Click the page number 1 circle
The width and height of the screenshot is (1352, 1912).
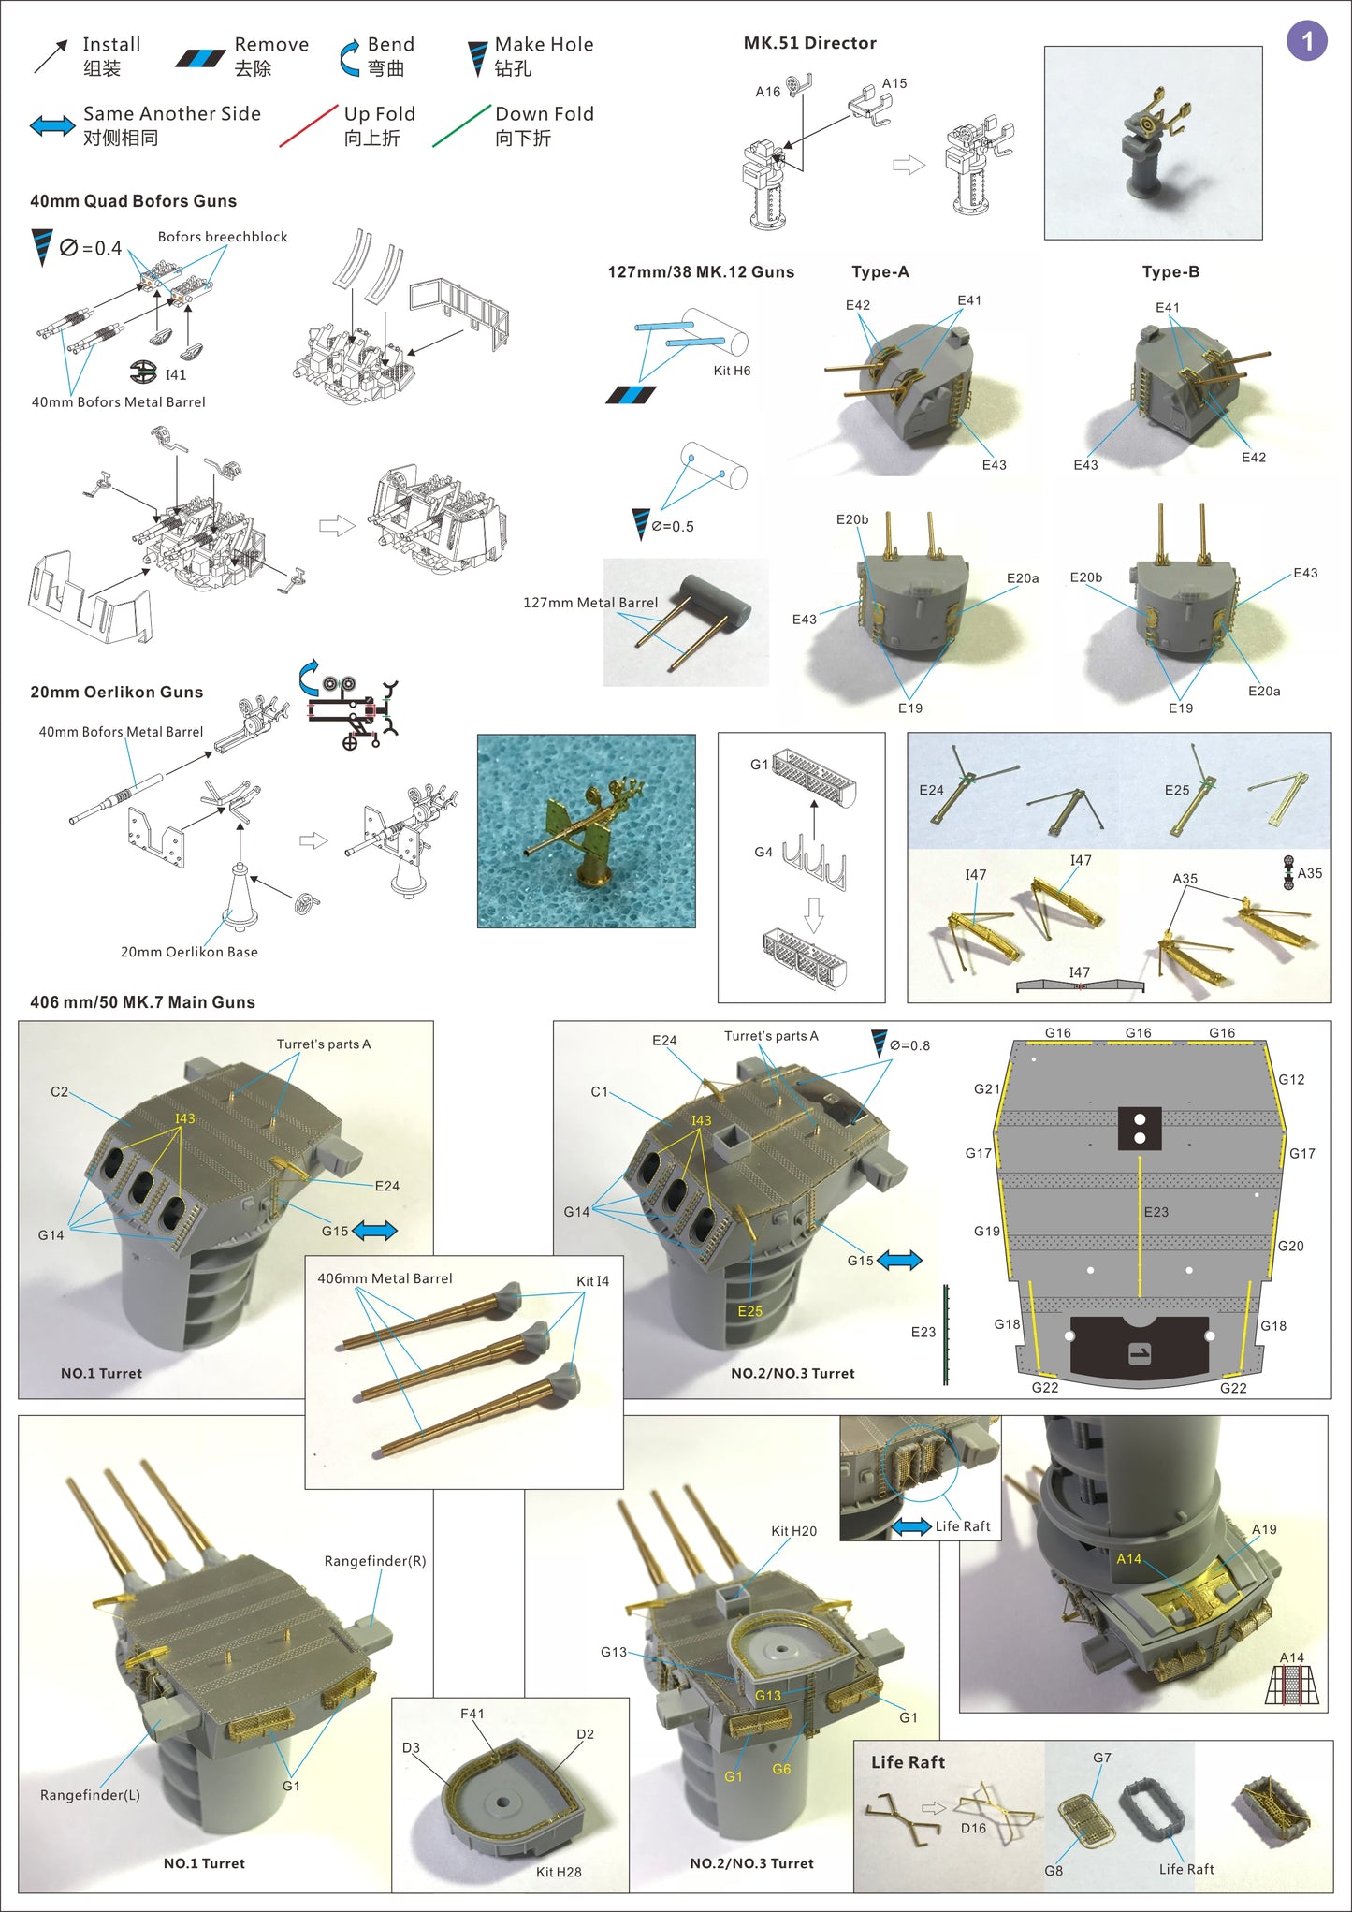click(x=1306, y=41)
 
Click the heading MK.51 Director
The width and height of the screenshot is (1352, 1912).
click(x=809, y=43)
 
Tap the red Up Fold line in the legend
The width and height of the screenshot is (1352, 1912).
click(x=308, y=125)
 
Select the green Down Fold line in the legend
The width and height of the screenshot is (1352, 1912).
click(x=461, y=125)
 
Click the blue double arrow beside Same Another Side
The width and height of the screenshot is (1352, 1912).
click(x=52, y=125)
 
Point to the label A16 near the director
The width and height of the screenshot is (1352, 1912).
click(x=767, y=92)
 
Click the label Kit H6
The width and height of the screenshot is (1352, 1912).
click(x=732, y=371)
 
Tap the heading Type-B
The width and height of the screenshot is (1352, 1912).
click(x=1170, y=272)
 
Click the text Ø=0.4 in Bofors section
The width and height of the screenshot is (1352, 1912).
click(x=91, y=248)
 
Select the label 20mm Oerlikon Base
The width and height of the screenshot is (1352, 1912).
click(x=189, y=952)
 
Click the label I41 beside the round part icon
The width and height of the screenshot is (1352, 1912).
click(x=175, y=374)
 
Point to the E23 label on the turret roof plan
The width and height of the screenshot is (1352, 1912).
click(x=1156, y=1212)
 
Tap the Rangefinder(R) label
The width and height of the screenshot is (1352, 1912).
click(x=374, y=1561)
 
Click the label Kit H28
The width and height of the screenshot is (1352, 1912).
click(x=559, y=1872)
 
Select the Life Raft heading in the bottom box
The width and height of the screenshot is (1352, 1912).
click(x=908, y=1762)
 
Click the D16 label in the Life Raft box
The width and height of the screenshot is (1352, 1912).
click(x=973, y=1828)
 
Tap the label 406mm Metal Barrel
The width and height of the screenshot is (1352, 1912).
click(x=385, y=1278)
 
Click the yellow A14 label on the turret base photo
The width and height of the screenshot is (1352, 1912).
click(x=1128, y=1558)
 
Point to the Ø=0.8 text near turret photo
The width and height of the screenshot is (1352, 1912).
click(x=909, y=1045)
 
